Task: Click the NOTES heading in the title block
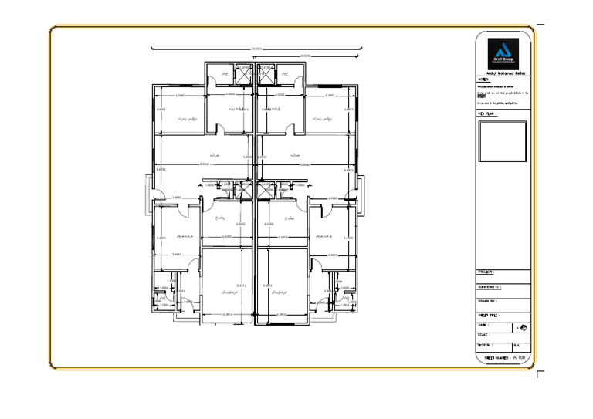click(484, 79)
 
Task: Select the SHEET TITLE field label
click(490, 315)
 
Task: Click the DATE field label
click(483, 325)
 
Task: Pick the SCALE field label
click(483, 335)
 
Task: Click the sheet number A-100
click(520, 358)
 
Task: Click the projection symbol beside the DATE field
click(524, 328)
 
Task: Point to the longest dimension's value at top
click(256, 48)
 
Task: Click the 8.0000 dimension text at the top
click(306, 56)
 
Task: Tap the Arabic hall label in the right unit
click(295, 155)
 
